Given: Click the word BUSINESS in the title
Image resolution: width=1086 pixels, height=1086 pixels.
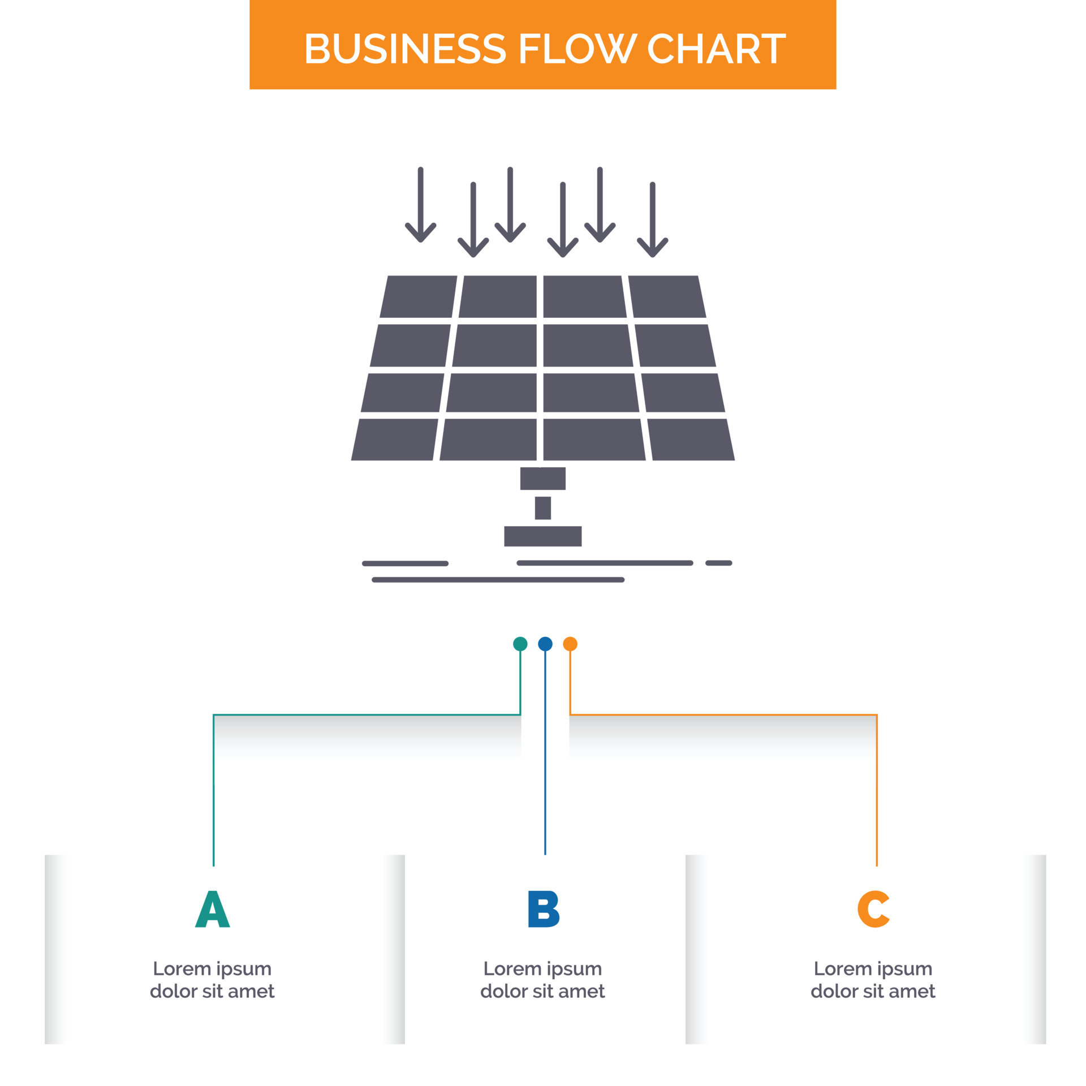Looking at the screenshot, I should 404,49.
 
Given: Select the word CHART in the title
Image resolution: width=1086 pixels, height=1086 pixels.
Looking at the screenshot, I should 716,49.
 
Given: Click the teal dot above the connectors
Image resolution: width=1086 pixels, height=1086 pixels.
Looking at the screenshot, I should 520,644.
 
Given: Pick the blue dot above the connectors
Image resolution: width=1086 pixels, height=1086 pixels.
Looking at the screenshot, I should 545,644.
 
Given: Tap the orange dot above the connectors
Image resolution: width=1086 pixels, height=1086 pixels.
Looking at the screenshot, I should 570,644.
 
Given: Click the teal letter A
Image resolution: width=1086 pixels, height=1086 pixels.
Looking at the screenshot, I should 213,909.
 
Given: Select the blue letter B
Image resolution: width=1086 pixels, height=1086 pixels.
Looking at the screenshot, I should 543,909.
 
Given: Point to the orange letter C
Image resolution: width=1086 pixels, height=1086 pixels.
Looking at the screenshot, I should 873,909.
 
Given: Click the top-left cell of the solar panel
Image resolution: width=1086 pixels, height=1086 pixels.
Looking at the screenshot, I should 419,296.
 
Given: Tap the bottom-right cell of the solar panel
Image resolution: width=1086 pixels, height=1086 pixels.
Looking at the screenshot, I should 691,439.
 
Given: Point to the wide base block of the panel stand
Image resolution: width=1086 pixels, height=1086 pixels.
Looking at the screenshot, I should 542,536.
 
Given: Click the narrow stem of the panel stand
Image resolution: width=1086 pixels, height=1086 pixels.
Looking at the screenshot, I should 542,507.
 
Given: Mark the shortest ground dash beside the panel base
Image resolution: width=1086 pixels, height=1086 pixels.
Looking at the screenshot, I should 718,563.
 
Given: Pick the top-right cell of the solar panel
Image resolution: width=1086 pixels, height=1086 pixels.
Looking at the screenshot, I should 667,296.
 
